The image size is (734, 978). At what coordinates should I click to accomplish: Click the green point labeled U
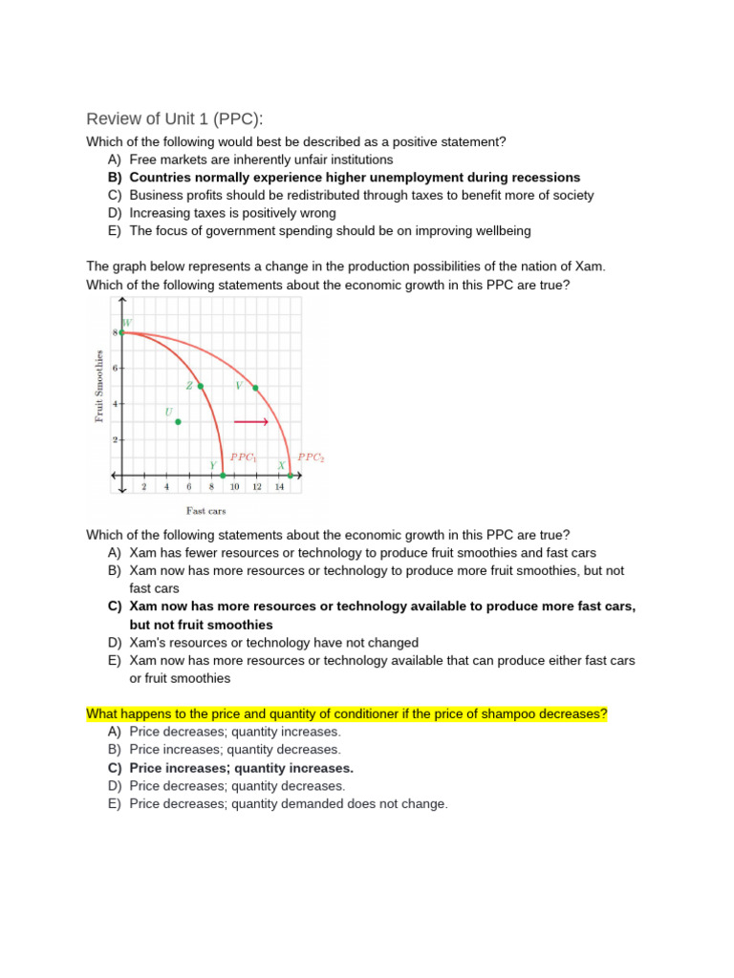point(178,421)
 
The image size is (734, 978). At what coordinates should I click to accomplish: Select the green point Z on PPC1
point(201,386)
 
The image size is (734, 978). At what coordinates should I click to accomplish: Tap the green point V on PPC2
point(255,388)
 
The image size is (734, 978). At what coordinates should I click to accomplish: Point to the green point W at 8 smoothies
point(121,332)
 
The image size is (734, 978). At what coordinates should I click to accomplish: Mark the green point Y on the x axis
point(223,475)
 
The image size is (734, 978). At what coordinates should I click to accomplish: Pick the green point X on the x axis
point(291,475)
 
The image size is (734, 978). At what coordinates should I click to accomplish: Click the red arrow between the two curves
point(250,421)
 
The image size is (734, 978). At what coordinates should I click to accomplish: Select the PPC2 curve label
point(312,457)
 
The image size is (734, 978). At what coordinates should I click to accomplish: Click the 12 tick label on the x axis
point(257,487)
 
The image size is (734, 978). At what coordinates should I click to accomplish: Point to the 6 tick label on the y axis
point(115,369)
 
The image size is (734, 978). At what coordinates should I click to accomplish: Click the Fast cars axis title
point(205,511)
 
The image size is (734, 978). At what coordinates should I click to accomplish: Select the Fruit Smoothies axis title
point(98,385)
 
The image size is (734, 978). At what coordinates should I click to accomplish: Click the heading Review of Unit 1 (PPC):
point(174,118)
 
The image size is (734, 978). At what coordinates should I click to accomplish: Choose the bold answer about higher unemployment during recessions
point(354,178)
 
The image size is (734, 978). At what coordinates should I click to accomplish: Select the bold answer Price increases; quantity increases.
point(241,768)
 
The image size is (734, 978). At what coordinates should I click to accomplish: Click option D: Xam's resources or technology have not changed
point(273,643)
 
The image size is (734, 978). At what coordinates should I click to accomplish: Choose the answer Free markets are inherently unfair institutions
point(261,159)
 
